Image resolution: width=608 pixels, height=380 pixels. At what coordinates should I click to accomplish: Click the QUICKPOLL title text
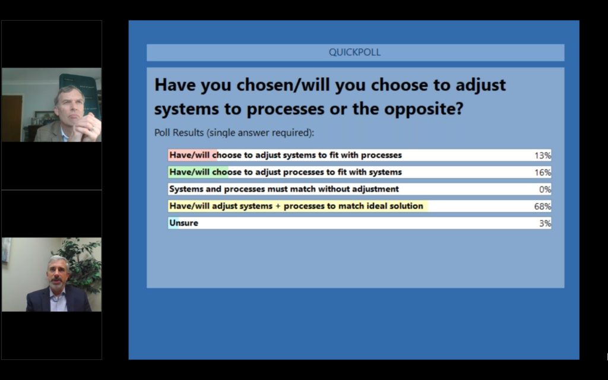(x=354, y=52)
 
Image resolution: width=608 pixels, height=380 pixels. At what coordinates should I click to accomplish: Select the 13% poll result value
(x=543, y=156)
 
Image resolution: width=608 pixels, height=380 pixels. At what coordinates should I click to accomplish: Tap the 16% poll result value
(x=543, y=173)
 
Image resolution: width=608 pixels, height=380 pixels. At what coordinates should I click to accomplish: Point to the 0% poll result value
(x=545, y=189)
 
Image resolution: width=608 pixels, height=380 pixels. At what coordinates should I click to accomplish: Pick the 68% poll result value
(x=543, y=206)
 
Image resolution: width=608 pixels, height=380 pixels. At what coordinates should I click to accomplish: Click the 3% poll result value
(x=545, y=223)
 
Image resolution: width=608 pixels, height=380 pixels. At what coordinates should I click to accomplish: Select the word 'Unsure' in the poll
(x=184, y=223)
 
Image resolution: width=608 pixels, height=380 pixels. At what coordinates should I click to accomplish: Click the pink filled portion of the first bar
(x=193, y=155)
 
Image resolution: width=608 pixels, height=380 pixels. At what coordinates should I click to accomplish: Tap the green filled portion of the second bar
(x=198, y=172)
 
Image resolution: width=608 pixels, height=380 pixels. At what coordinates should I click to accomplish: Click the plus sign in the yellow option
(x=278, y=206)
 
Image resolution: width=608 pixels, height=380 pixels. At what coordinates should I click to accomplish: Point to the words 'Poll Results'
(x=179, y=132)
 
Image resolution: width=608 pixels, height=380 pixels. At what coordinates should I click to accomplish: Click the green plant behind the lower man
(x=83, y=264)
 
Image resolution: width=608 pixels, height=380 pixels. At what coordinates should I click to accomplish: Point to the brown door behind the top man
(x=12, y=118)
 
